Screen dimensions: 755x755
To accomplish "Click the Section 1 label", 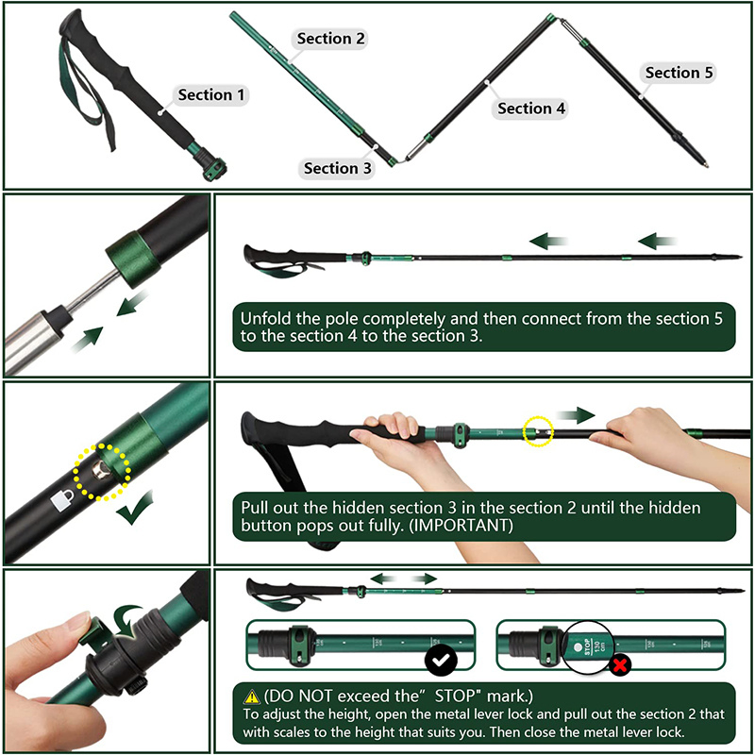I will pos(211,94).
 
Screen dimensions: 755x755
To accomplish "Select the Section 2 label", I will pos(330,39).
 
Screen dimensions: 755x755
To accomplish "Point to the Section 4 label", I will pos(531,109).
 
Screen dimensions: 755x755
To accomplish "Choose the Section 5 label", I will pos(679,73).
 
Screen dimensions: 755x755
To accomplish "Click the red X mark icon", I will pos(620,664).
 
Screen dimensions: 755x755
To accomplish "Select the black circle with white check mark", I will pos(440,659).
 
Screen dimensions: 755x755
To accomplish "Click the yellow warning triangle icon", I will pos(251,696).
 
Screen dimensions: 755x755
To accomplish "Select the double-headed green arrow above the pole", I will pos(403,578).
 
